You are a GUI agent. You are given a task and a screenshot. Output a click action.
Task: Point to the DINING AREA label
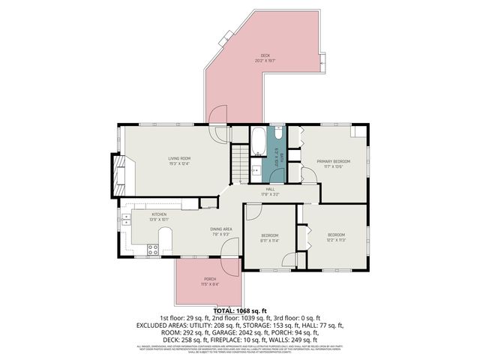[200, 230]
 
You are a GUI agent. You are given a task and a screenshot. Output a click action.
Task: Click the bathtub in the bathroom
[257, 139]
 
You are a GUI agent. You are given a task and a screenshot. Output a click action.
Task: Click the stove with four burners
[152, 250]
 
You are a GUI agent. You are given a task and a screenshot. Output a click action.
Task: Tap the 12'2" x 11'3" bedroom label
[335, 238]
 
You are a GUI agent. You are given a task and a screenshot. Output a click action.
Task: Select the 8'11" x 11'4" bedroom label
[269, 238]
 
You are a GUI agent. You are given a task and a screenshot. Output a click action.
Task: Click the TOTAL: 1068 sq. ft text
[240, 310]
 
